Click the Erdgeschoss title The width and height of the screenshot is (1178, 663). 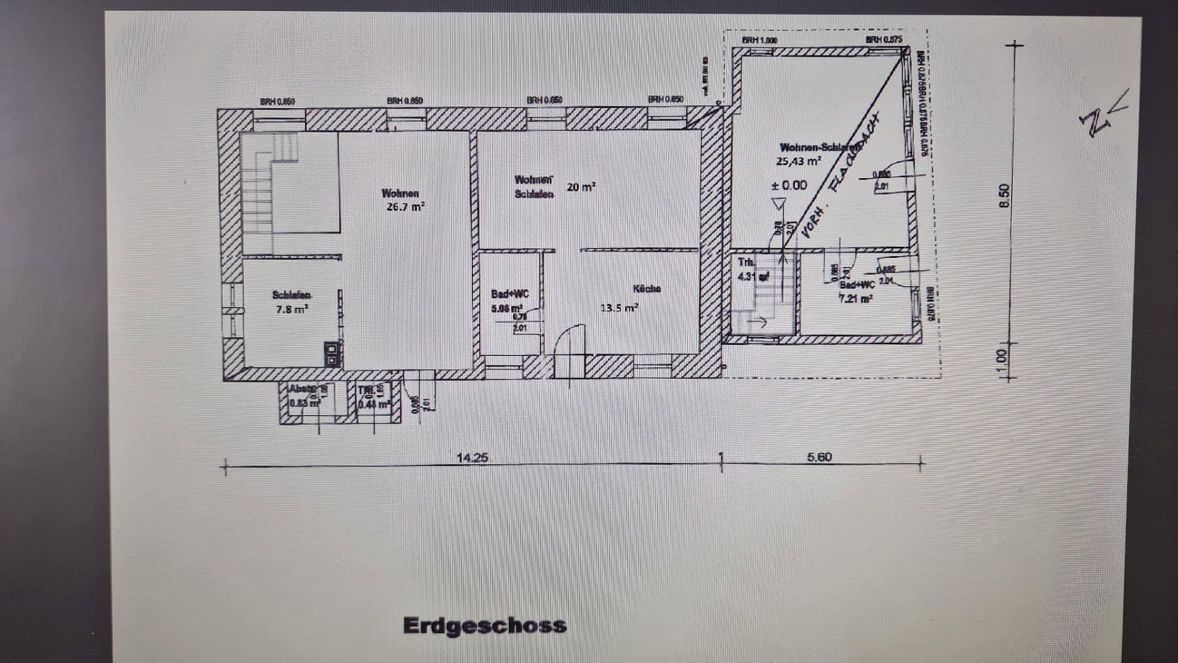click(x=484, y=625)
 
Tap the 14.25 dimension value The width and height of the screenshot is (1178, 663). click(x=472, y=457)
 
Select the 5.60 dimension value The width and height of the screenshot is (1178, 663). click(x=819, y=457)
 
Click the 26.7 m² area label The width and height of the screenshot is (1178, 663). click(x=405, y=207)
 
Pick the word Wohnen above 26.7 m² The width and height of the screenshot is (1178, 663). click(x=400, y=193)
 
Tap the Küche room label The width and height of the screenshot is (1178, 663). click(x=647, y=289)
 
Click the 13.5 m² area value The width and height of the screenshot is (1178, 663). click(x=618, y=308)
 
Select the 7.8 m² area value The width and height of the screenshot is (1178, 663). click(x=291, y=309)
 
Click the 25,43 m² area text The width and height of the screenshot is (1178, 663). click(x=798, y=161)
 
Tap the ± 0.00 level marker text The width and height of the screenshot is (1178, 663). click(x=789, y=185)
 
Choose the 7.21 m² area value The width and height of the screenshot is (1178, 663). click(x=856, y=298)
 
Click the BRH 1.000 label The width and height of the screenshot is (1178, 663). click(x=759, y=40)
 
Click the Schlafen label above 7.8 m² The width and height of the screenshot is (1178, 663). click(x=292, y=295)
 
